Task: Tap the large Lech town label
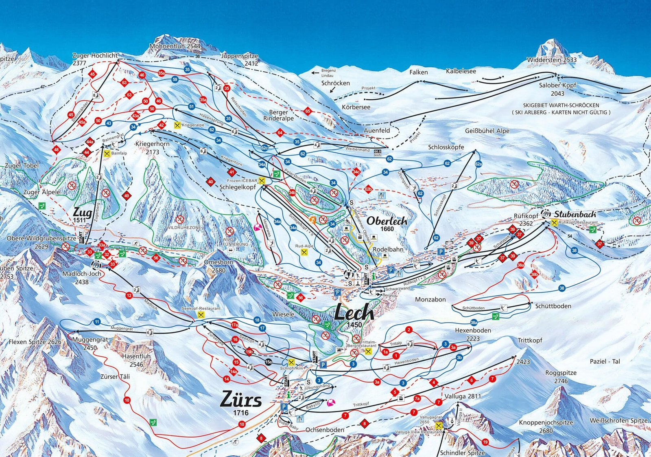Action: (x=354, y=313)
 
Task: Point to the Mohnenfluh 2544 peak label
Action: (x=175, y=46)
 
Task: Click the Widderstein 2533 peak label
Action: (x=552, y=59)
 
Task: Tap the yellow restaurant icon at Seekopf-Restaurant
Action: (x=201, y=315)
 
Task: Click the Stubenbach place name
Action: (x=575, y=214)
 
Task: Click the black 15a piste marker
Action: (x=269, y=362)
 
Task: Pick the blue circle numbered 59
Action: (x=175, y=79)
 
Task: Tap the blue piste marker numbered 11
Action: (x=97, y=322)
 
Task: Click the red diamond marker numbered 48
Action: (x=56, y=150)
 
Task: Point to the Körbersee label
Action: (x=356, y=107)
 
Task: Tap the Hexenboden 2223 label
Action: (x=473, y=334)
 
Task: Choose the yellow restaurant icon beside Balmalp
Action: (x=107, y=154)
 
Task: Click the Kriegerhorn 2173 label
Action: (x=153, y=147)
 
